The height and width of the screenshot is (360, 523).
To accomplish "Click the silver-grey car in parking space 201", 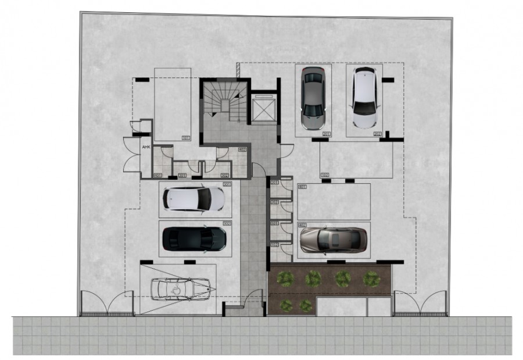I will click(313, 98).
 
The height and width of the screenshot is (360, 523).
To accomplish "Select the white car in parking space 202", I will click(364, 98).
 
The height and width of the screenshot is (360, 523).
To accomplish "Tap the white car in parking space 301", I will click(194, 199).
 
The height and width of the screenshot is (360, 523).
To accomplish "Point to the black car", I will click(194, 238).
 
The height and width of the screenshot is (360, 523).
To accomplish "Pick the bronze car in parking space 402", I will click(333, 239).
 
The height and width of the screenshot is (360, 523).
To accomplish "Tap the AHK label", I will click(146, 147).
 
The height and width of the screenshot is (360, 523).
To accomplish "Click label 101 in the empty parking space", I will click(186, 138).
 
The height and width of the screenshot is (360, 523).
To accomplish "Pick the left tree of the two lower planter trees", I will click(285, 305).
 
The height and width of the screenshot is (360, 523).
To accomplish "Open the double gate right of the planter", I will click(420, 304).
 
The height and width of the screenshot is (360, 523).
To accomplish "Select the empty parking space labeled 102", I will click(356, 160).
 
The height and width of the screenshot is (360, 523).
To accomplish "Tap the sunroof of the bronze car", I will click(335, 239).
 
